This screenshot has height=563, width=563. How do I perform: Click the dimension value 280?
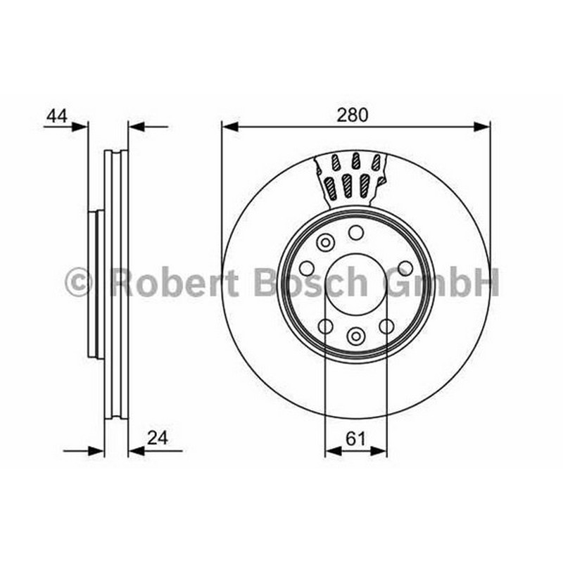click(x=353, y=115)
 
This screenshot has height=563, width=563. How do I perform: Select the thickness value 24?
click(x=158, y=438)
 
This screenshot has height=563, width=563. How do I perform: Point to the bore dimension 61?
click(x=355, y=438)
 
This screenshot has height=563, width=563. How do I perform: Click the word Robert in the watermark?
click(x=174, y=282)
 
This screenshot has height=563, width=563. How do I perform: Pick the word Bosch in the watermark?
click(x=311, y=282)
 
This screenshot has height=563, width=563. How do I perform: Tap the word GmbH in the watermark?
click(x=441, y=282)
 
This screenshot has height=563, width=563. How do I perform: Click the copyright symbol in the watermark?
click(x=79, y=282)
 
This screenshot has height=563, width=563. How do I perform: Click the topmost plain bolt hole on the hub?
click(x=356, y=233)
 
